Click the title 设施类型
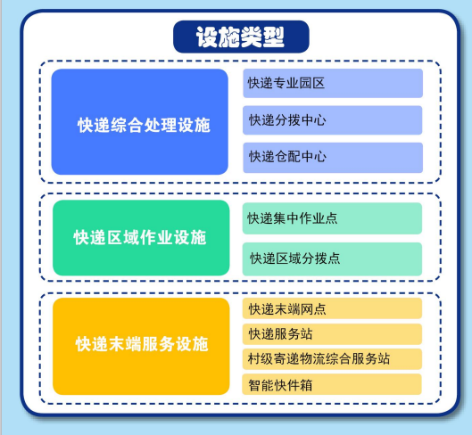(x=241, y=37)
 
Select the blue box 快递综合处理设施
(x=140, y=121)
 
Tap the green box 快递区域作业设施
(x=141, y=238)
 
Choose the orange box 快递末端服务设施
(x=141, y=346)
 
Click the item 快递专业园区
(x=333, y=83)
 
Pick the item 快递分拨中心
(x=333, y=120)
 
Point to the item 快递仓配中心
(x=333, y=158)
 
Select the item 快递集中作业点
(x=332, y=218)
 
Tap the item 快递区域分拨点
(x=332, y=259)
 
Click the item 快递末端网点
(x=332, y=308)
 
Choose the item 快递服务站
(x=332, y=334)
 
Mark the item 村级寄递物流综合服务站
(x=332, y=359)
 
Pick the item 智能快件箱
(x=332, y=384)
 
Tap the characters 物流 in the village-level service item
(x=312, y=358)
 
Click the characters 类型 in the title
(x=262, y=37)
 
